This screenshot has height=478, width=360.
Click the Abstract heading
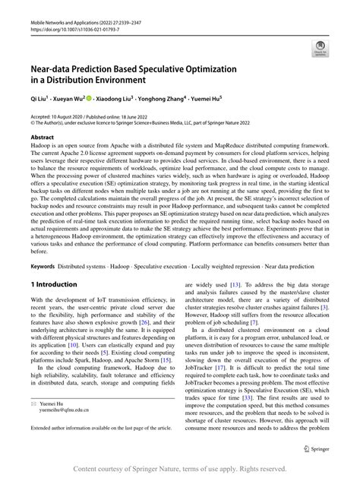(42, 137)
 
